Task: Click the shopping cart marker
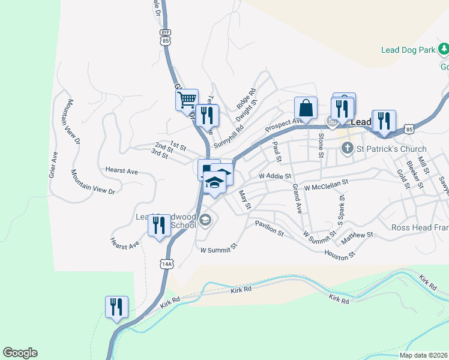click(x=187, y=100)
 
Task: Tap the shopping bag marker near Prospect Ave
click(x=306, y=109)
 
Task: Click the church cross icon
click(x=346, y=148)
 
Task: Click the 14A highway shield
click(x=167, y=263)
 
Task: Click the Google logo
click(x=20, y=353)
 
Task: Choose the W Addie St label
click(x=275, y=176)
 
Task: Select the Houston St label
click(x=340, y=254)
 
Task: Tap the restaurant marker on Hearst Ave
click(x=158, y=226)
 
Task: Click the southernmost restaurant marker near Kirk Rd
click(x=116, y=307)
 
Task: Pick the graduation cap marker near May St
click(x=214, y=182)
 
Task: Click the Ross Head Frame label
click(x=420, y=227)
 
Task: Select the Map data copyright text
click(x=423, y=355)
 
